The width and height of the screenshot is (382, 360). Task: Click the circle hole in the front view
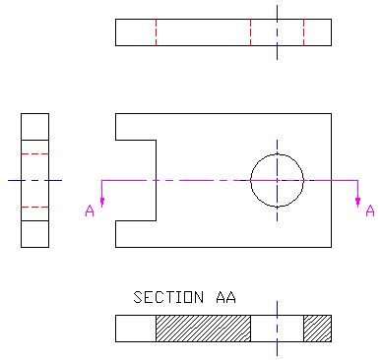277,180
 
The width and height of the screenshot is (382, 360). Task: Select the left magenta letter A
90,210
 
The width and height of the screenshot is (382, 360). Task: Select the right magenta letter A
370,210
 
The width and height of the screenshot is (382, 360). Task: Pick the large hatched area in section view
203,328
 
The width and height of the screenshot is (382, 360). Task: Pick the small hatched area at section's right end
317,328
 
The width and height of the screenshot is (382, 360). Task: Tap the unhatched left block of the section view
135,328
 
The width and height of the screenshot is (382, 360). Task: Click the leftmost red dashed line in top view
156,31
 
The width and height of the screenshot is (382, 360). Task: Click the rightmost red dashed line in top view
303,31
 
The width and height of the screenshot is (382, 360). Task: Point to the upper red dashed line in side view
34,154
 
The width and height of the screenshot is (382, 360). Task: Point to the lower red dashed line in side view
34,207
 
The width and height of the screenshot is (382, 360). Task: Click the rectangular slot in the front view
136,180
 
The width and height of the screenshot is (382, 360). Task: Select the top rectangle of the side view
34,126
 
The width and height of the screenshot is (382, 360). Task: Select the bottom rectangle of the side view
34,233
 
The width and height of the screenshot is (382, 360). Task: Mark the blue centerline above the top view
277,11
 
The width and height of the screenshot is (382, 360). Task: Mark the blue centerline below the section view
277,348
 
